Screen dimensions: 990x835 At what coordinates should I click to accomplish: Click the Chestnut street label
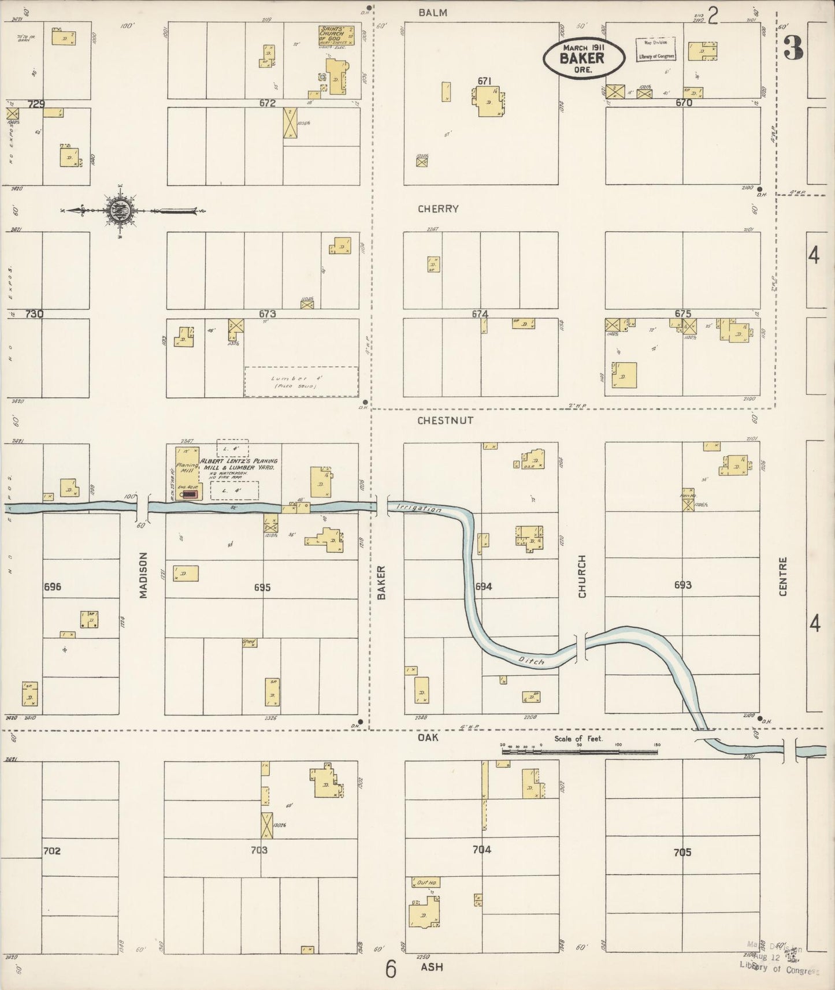click(x=446, y=420)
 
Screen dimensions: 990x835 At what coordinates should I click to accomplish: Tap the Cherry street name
click(x=438, y=209)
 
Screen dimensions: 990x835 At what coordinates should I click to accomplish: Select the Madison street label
click(x=143, y=575)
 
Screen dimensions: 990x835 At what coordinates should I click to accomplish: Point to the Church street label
click(x=582, y=576)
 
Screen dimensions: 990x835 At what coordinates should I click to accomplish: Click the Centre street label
click(x=783, y=576)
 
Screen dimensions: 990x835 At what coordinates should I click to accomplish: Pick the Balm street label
click(x=433, y=13)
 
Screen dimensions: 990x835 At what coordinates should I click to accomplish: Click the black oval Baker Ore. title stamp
click(x=584, y=58)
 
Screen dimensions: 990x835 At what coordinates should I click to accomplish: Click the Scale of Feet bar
click(x=579, y=752)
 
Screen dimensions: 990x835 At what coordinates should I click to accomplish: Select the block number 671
click(x=484, y=81)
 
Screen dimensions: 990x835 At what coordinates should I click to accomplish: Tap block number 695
click(x=262, y=587)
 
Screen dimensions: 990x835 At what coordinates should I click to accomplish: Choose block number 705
click(x=682, y=852)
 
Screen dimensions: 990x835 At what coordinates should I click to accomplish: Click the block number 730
click(x=34, y=314)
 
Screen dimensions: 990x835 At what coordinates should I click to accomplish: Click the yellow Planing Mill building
click(x=187, y=472)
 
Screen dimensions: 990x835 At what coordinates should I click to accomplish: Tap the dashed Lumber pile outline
click(x=301, y=382)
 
